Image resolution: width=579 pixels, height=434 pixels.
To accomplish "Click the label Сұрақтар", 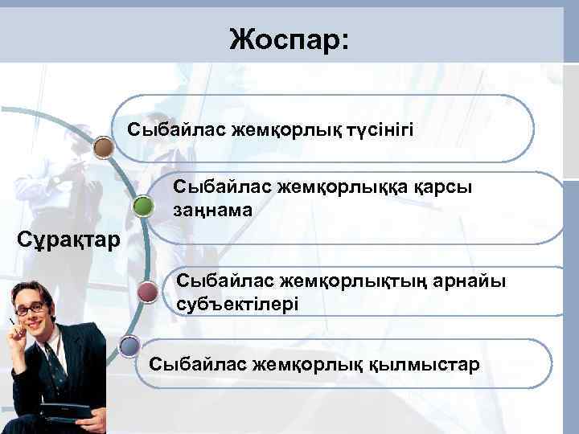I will point(69,239).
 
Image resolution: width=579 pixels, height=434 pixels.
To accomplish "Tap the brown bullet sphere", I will point(103,147).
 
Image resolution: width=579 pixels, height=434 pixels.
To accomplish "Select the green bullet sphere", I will point(143,207).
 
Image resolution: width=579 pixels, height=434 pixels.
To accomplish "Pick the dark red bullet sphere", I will point(147,291).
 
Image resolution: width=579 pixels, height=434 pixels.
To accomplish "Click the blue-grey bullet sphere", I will point(127,347).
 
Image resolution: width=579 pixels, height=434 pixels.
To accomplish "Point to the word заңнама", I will point(212,210).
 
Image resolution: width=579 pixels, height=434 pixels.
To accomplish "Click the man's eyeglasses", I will point(31,308).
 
